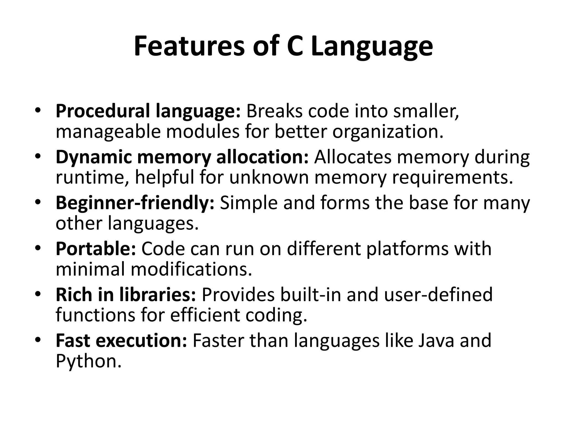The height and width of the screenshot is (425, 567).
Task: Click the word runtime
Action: (92, 178)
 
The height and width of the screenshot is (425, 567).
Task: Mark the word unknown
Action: (269, 178)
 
